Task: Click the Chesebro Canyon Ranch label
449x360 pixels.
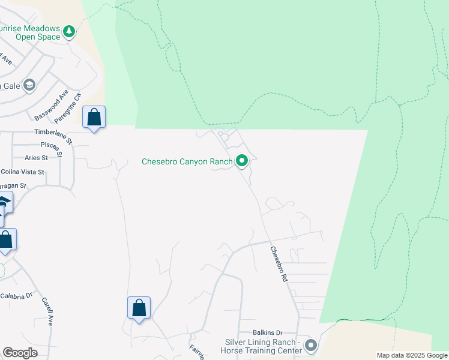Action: point(187,161)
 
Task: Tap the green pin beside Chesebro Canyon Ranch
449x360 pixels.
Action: point(242,161)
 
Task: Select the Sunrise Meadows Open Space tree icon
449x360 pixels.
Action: point(69,31)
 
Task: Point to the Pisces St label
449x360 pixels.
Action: point(51,146)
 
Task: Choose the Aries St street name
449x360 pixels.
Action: point(36,158)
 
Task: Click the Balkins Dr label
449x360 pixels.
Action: point(267,332)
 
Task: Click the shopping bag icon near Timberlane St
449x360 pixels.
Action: point(94,117)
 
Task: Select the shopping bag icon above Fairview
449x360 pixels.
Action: point(139,308)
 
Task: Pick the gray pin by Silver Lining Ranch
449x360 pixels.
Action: point(310,345)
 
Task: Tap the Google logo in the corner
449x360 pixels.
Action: point(20,353)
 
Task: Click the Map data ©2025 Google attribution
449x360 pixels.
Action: point(412,355)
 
